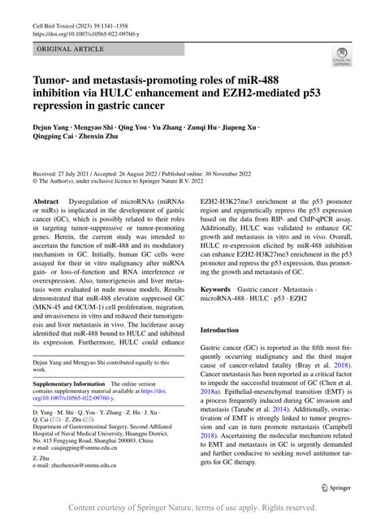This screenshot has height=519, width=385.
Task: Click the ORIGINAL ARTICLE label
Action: coord(64,50)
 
